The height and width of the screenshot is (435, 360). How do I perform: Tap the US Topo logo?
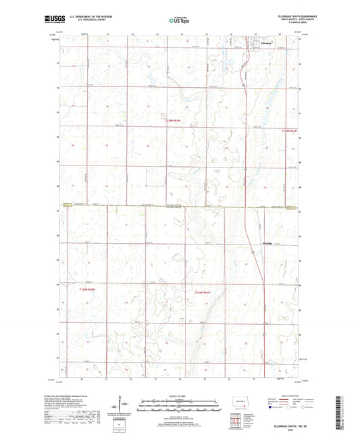pos(180,20)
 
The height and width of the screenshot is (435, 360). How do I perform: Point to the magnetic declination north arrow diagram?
pos(117,409)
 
